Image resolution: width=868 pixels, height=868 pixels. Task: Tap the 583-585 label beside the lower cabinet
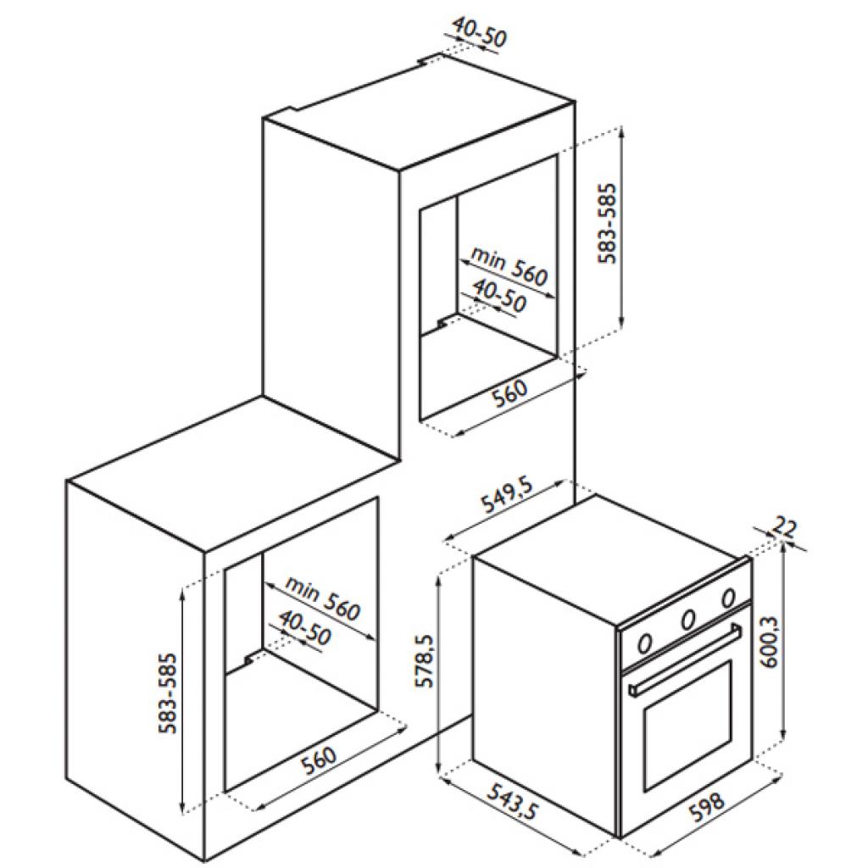[167, 693]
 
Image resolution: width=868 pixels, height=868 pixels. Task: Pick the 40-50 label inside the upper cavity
[500, 295]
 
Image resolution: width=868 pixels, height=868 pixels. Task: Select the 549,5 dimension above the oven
[507, 495]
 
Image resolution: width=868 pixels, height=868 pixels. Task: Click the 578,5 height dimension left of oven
[425, 660]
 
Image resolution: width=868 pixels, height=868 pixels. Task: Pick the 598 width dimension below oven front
[706, 808]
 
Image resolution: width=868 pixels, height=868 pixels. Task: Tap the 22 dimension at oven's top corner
[784, 526]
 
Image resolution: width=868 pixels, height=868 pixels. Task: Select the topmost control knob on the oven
[728, 598]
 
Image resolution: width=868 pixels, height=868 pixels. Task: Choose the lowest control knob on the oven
[644, 643]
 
